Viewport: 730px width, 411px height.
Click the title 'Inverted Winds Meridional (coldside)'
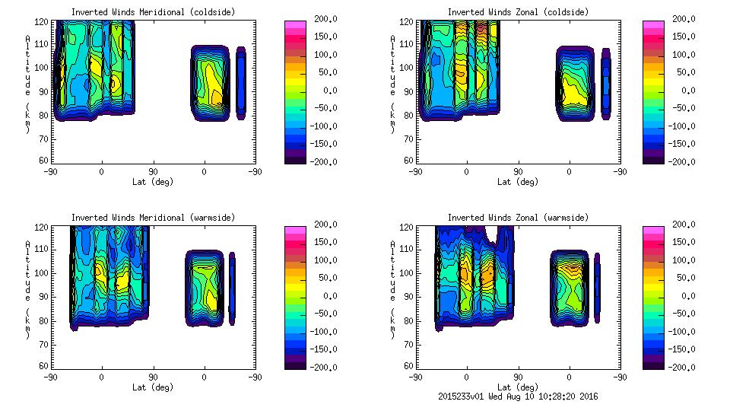tap(153, 12)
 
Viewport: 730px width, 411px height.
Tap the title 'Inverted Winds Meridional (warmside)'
tap(153, 218)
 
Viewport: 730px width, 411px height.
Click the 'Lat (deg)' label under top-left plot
tap(153, 182)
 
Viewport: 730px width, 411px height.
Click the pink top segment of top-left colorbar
tap(295, 25)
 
